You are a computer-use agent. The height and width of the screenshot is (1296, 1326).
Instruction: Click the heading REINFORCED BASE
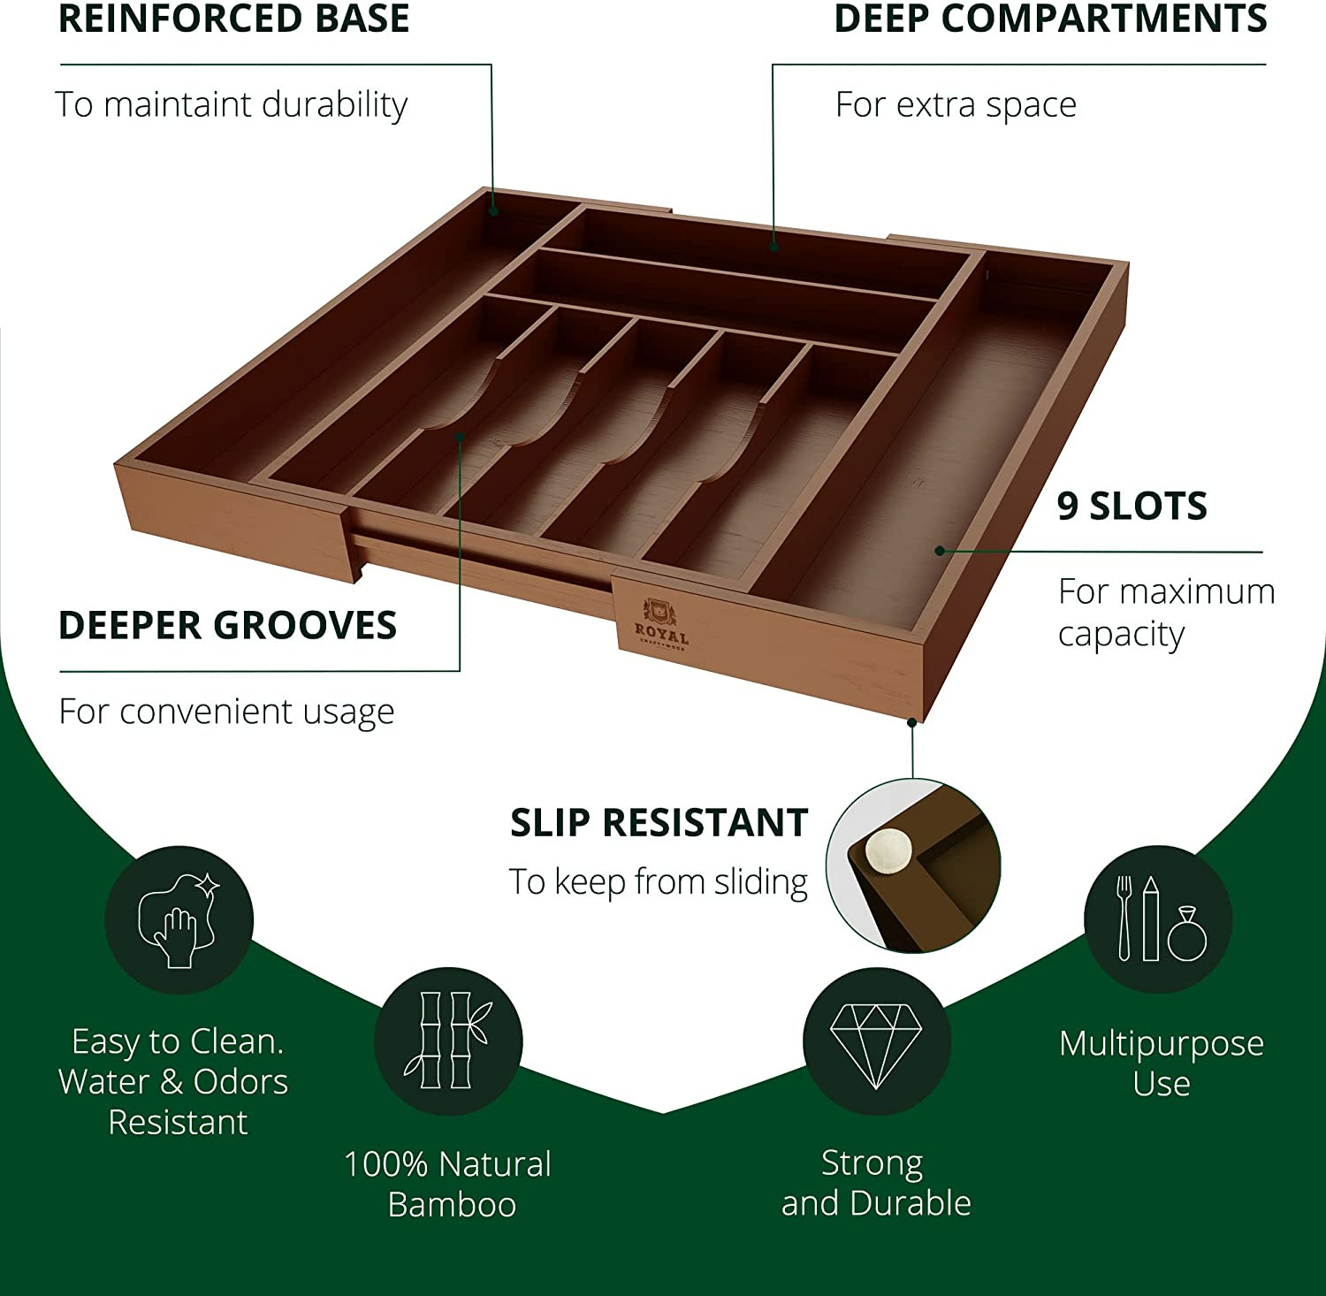pyautogui.click(x=233, y=19)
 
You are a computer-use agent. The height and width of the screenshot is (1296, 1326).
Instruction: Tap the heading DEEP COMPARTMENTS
pyautogui.click(x=1050, y=19)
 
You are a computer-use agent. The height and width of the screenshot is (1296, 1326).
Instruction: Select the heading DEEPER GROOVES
pyautogui.click(x=227, y=626)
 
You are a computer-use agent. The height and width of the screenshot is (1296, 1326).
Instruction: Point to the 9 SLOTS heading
pyautogui.click(x=1132, y=507)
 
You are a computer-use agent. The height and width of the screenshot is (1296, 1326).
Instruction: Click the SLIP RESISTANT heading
pyautogui.click(x=659, y=823)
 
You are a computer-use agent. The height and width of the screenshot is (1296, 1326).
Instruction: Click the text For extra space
pyautogui.click(x=956, y=105)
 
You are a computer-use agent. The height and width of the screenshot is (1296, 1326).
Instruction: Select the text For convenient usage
pyautogui.click(x=226, y=712)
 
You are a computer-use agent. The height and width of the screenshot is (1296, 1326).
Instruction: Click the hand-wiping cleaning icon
pyautogui.click(x=179, y=920)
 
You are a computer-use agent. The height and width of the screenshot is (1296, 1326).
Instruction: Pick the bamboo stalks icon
pyautogui.click(x=448, y=1041)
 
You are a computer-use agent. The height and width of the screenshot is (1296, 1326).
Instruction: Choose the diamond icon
pyautogui.click(x=876, y=1041)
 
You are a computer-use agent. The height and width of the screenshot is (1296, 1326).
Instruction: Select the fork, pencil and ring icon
pyautogui.click(x=1159, y=919)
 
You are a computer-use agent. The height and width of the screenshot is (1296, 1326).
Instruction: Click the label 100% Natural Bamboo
pyautogui.click(x=448, y=1185)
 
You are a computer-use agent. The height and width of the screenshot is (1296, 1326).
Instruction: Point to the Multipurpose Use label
pyautogui.click(x=1162, y=1063)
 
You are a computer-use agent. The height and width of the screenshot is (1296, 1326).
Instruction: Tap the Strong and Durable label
pyautogui.click(x=876, y=1183)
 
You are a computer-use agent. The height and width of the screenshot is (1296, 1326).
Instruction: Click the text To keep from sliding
pyautogui.click(x=659, y=882)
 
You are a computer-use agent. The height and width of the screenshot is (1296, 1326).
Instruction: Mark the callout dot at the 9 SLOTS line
pyautogui.click(x=939, y=551)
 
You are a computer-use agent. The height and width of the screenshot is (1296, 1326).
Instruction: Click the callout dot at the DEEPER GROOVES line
pyautogui.click(x=460, y=436)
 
